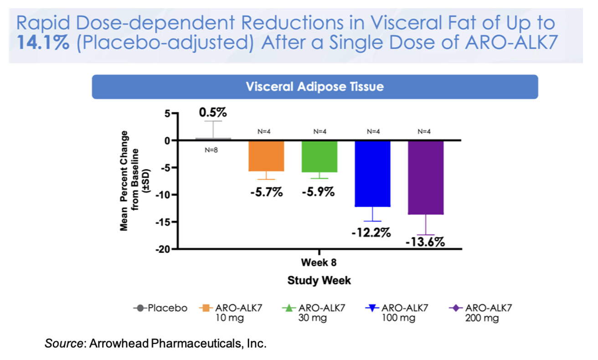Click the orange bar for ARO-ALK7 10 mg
pyautogui.click(x=266, y=156)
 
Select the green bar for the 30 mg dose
pyautogui.click(x=319, y=156)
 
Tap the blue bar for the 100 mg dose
pyautogui.click(x=373, y=173)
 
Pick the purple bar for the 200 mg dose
pyautogui.click(x=426, y=177)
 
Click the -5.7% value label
pyautogui.click(x=266, y=192)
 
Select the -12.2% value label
pyautogui.click(x=371, y=233)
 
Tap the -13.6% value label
pyautogui.click(x=425, y=242)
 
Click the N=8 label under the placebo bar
pyautogui.click(x=210, y=149)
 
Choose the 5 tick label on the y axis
pyautogui.click(x=168, y=113)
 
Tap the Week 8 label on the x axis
pyautogui.click(x=319, y=263)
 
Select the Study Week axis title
pyautogui.click(x=319, y=280)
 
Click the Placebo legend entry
pyautogui.click(x=160, y=308)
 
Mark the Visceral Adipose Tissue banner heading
pyautogui.click(x=314, y=87)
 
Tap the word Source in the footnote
pyautogui.click(x=62, y=343)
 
